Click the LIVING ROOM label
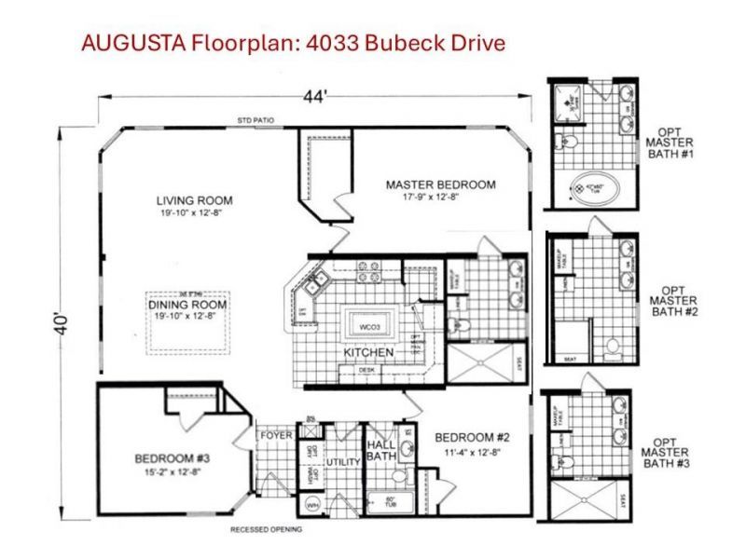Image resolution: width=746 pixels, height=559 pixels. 194,200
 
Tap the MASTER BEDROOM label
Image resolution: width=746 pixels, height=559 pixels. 440,184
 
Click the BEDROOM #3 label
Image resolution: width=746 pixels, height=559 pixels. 172,458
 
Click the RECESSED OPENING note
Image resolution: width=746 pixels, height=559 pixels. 266,530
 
